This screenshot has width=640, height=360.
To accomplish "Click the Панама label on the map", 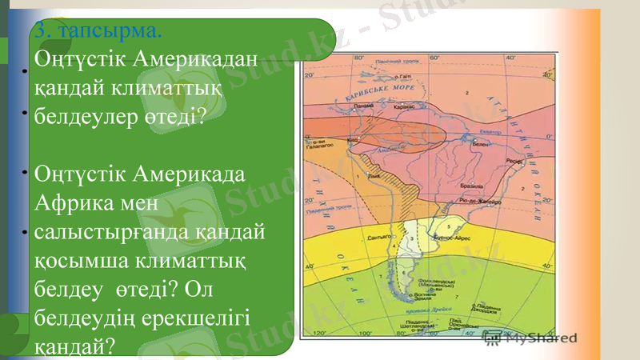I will [x=364, y=106].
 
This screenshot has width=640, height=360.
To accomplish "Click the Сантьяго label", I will [x=379, y=238].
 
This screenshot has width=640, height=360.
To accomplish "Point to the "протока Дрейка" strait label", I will [x=430, y=309].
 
